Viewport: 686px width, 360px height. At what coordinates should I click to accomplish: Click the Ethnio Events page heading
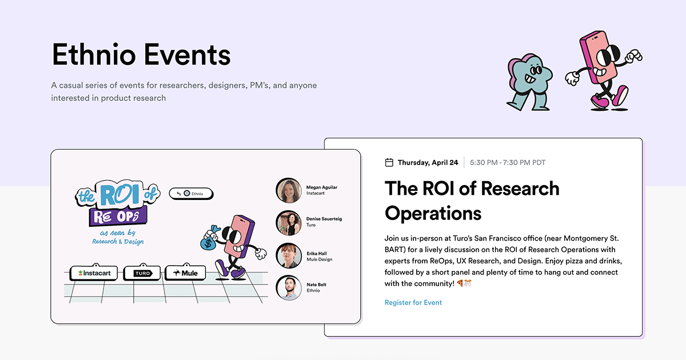(141, 55)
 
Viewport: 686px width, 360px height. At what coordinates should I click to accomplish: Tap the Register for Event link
(413, 302)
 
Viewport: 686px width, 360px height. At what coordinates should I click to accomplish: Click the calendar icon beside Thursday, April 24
(389, 162)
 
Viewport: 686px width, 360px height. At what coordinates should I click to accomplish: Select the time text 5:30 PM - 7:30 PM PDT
(507, 162)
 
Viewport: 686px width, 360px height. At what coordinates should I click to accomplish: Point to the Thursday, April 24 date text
(428, 162)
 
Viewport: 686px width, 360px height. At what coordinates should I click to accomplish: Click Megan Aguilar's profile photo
(289, 190)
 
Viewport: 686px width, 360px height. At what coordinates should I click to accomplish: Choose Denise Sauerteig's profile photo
(289, 223)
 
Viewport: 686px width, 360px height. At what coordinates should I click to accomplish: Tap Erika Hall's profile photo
(289, 256)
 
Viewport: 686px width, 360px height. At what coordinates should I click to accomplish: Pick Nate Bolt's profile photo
(289, 288)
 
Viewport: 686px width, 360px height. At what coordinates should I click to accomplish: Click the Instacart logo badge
(94, 273)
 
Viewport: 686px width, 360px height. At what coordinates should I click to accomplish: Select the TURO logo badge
(142, 273)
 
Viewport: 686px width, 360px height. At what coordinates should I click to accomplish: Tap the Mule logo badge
(185, 273)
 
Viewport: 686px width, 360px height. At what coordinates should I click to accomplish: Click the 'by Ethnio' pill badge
(191, 194)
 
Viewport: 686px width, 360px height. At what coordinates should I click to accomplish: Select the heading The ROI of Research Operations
(472, 200)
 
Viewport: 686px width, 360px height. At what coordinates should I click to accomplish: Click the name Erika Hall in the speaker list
(316, 253)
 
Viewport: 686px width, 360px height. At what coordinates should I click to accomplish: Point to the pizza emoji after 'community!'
(460, 283)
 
